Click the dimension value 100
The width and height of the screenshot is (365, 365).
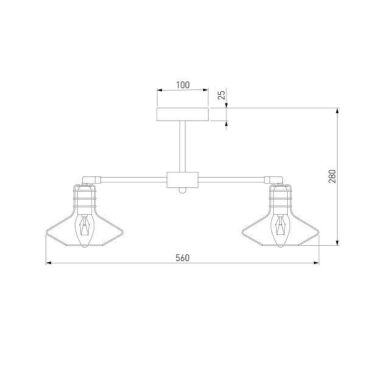click(182, 85)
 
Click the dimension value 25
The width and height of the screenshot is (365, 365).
click(222, 95)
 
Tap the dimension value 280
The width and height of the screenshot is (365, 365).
click(332, 176)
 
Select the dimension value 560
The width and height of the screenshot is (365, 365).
click(182, 258)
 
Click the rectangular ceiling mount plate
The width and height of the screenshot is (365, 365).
click(182, 114)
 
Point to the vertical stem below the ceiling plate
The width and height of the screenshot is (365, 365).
click(182, 147)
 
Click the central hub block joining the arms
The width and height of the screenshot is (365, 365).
click(182, 179)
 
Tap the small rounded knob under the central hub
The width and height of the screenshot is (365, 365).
click(182, 190)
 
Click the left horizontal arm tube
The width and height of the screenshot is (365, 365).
click(134, 179)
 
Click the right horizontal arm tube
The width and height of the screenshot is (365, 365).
click(231, 179)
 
